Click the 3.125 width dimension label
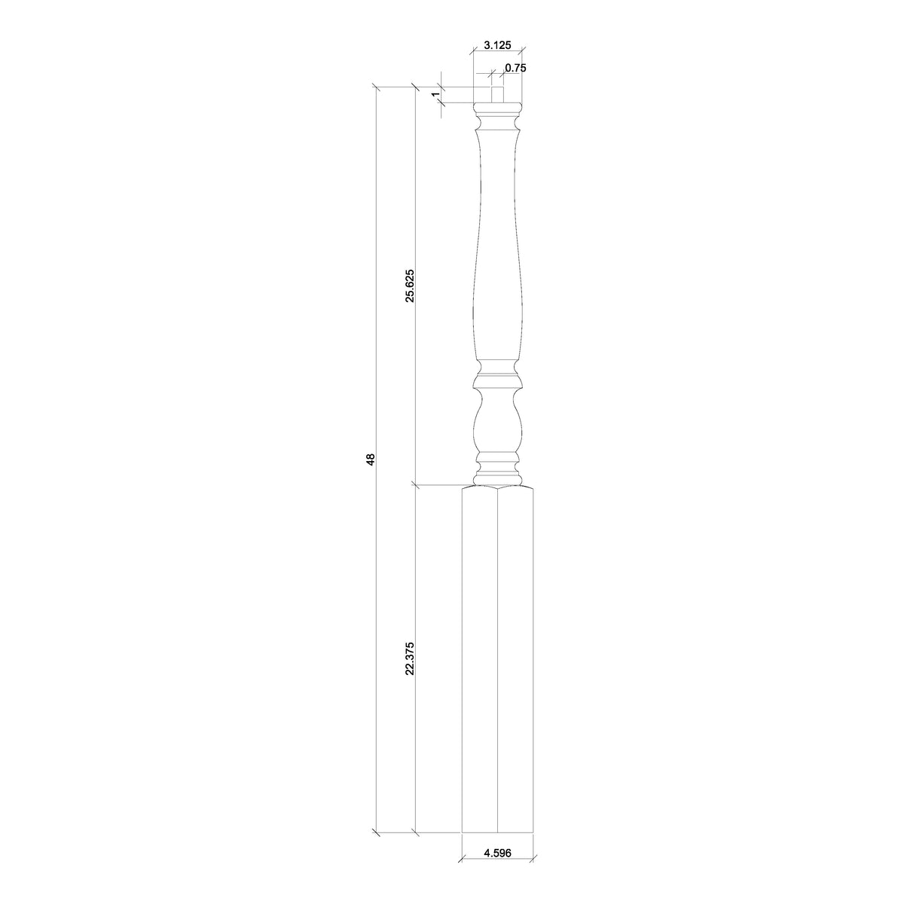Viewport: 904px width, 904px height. click(x=497, y=45)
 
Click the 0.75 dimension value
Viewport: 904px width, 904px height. click(x=515, y=68)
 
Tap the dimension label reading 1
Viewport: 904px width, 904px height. click(x=435, y=94)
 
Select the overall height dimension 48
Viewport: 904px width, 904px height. click(x=370, y=459)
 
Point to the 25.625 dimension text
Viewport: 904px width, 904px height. click(x=409, y=285)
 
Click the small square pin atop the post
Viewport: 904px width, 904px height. click(x=497, y=95)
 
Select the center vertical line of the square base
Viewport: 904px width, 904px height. click(x=497, y=678)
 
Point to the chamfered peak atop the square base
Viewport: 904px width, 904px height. click(x=497, y=490)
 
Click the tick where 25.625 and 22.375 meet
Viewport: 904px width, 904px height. click(x=415, y=484)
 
